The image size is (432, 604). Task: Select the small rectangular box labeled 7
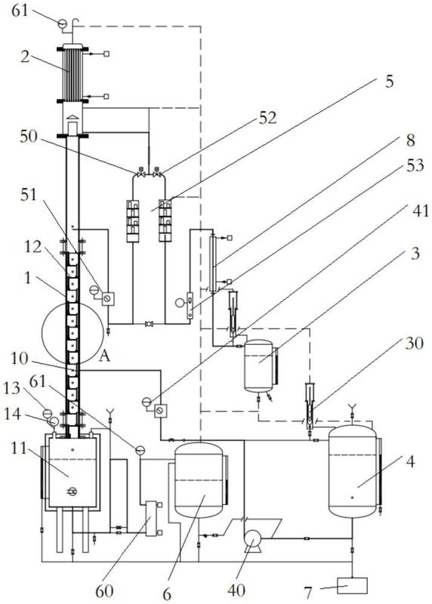tap(352, 586)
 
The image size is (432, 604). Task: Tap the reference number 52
tap(268, 118)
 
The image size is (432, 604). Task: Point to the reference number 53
tap(415, 165)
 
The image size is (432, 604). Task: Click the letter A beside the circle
tap(104, 356)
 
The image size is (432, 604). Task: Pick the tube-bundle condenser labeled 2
tap(73, 73)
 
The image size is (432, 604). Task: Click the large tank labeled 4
tap(352, 471)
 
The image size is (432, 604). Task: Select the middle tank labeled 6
tap(199, 480)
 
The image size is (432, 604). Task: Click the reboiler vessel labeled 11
tap(73, 473)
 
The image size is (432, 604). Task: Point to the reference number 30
tap(415, 343)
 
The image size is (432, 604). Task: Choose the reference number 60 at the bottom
tap(104, 591)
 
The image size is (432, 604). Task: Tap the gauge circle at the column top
tap(62, 24)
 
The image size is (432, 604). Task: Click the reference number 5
tap(389, 82)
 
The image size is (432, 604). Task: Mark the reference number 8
tap(410, 140)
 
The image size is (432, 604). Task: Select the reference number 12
tap(32, 247)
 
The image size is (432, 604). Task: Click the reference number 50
tap(29, 137)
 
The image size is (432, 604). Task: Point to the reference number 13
tap(12, 388)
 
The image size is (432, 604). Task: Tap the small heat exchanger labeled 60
tap(151, 519)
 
